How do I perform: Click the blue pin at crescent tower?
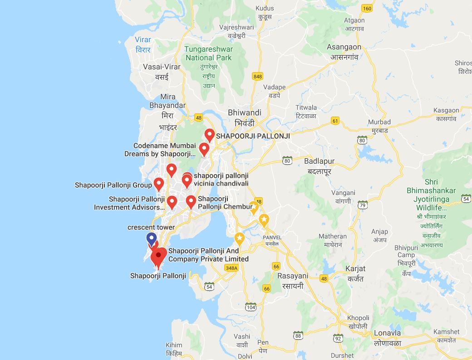click(152, 238)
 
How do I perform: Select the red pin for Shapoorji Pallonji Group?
click(159, 184)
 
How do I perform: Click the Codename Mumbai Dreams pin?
click(204, 149)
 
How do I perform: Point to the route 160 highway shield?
click(367, 8)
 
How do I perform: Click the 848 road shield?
click(258, 76)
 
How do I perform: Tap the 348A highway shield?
click(231, 268)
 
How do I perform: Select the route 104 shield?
click(251, 307)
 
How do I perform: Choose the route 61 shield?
click(335, 121)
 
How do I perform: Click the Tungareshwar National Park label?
click(209, 54)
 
